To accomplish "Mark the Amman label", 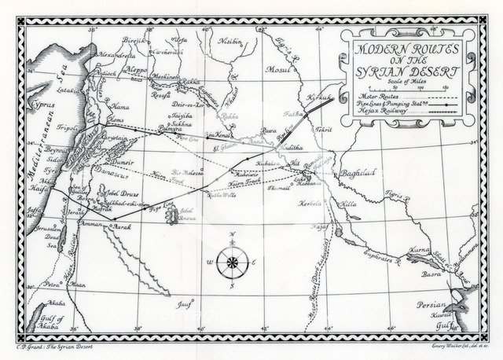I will click(x=89, y=224).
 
